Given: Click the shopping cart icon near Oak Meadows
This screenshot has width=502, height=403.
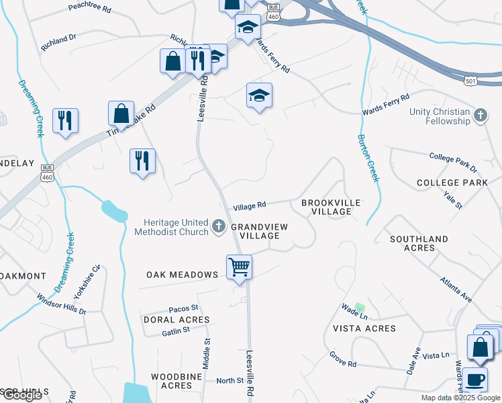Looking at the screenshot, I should pos(239,267).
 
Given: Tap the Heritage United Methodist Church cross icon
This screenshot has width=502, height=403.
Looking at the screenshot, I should pos(219,227).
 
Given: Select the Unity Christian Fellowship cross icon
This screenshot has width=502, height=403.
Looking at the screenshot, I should pos(480,116).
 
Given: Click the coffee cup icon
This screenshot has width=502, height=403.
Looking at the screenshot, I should pos(475,379).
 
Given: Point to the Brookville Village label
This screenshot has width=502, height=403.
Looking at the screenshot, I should pos(331,207).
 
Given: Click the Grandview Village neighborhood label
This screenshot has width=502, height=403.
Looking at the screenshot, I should pos(259,232).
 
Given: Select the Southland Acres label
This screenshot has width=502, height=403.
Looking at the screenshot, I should pos(419,243).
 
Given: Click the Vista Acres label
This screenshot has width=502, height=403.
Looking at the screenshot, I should pos(364,328).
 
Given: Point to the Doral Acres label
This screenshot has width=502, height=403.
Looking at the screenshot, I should pos(177,320).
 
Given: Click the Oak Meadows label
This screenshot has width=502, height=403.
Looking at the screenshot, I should pos(183,275).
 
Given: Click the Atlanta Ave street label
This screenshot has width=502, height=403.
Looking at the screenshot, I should pos(456,287).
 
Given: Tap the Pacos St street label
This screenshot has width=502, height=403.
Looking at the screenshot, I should pos(183,307).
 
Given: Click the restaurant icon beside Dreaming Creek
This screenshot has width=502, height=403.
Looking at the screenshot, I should pos(65,121).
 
